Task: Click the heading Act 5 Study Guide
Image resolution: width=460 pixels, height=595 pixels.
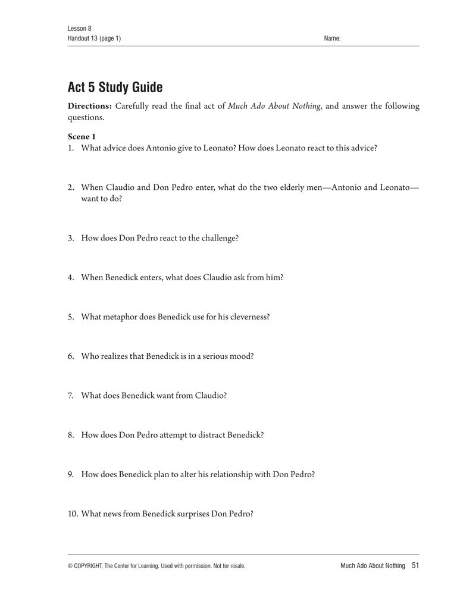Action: [115, 88]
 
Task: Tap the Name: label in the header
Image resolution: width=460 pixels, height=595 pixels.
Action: [332, 38]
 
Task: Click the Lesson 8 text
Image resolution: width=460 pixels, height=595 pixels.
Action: [79, 29]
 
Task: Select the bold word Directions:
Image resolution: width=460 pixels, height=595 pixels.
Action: [90, 107]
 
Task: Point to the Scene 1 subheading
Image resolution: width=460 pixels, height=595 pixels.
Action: [82, 137]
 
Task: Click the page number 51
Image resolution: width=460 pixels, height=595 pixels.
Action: [415, 565]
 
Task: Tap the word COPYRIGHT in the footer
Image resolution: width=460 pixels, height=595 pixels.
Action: [93, 566]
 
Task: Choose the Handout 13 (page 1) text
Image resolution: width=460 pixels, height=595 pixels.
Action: [95, 38]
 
